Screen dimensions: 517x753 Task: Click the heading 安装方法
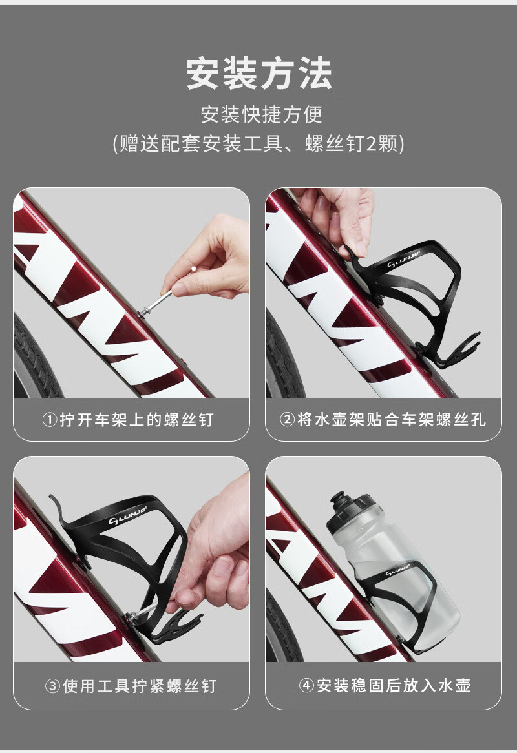pyautogui.click(x=259, y=74)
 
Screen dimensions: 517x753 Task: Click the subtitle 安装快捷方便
pyautogui.click(x=261, y=114)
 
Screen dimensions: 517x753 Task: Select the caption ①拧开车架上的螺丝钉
pyautogui.click(x=128, y=420)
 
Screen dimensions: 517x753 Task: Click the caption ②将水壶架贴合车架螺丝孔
pyautogui.click(x=383, y=420)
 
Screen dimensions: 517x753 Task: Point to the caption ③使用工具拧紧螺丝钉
pyautogui.click(x=131, y=686)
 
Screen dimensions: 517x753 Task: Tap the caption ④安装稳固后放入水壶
pyautogui.click(x=385, y=685)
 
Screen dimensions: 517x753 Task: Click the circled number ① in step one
pyautogui.click(x=50, y=420)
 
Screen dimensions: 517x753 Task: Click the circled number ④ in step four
pyautogui.click(x=306, y=685)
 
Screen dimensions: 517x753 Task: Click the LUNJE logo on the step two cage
pyautogui.click(x=403, y=259)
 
